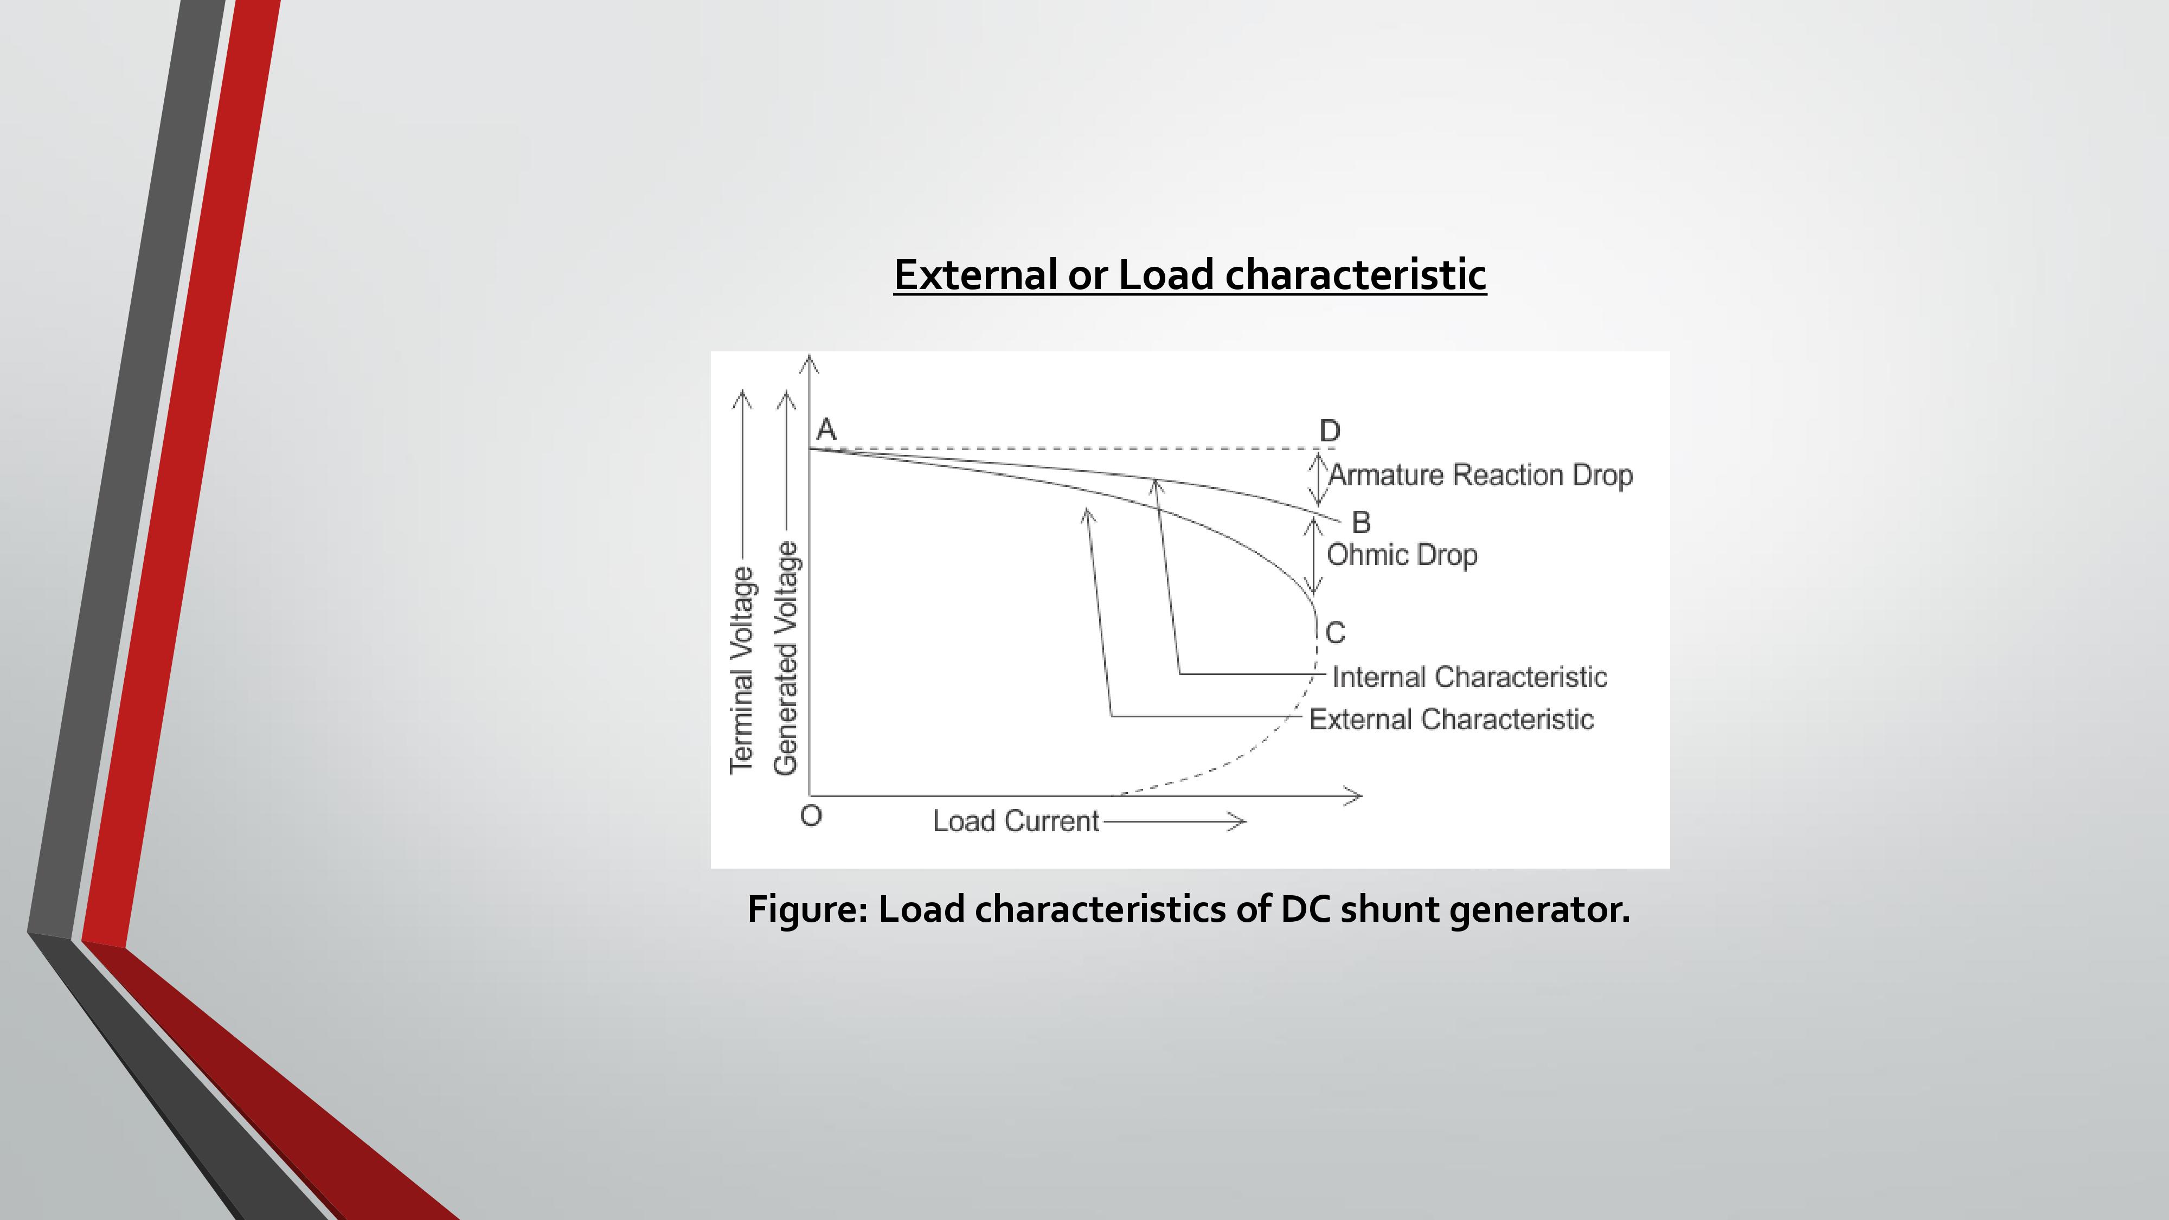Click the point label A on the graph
coord(826,429)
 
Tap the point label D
coord(1330,431)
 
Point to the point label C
coord(1336,632)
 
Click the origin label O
coord(811,816)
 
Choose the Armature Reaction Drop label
coord(1481,475)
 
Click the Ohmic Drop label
coord(1402,555)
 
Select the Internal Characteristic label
coord(1469,677)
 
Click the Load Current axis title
coord(1016,821)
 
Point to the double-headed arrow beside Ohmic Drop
coord(1313,556)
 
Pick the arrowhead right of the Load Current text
coord(1238,821)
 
